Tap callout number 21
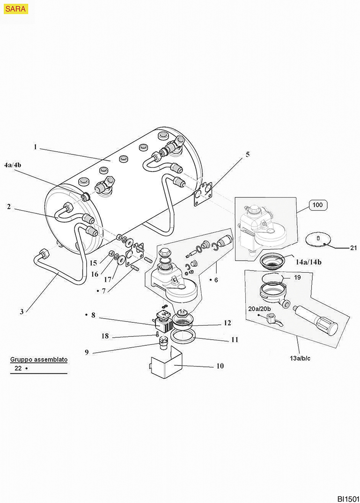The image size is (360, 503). (x=353, y=248)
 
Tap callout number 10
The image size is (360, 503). (x=220, y=366)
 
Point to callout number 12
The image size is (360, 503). (x=228, y=323)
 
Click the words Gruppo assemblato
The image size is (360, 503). (x=39, y=360)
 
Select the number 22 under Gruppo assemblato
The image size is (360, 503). (x=18, y=368)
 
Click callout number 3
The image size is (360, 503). (x=22, y=309)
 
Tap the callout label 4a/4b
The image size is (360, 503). (x=13, y=165)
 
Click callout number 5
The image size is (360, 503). (x=248, y=154)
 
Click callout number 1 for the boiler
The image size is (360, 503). (x=35, y=146)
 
